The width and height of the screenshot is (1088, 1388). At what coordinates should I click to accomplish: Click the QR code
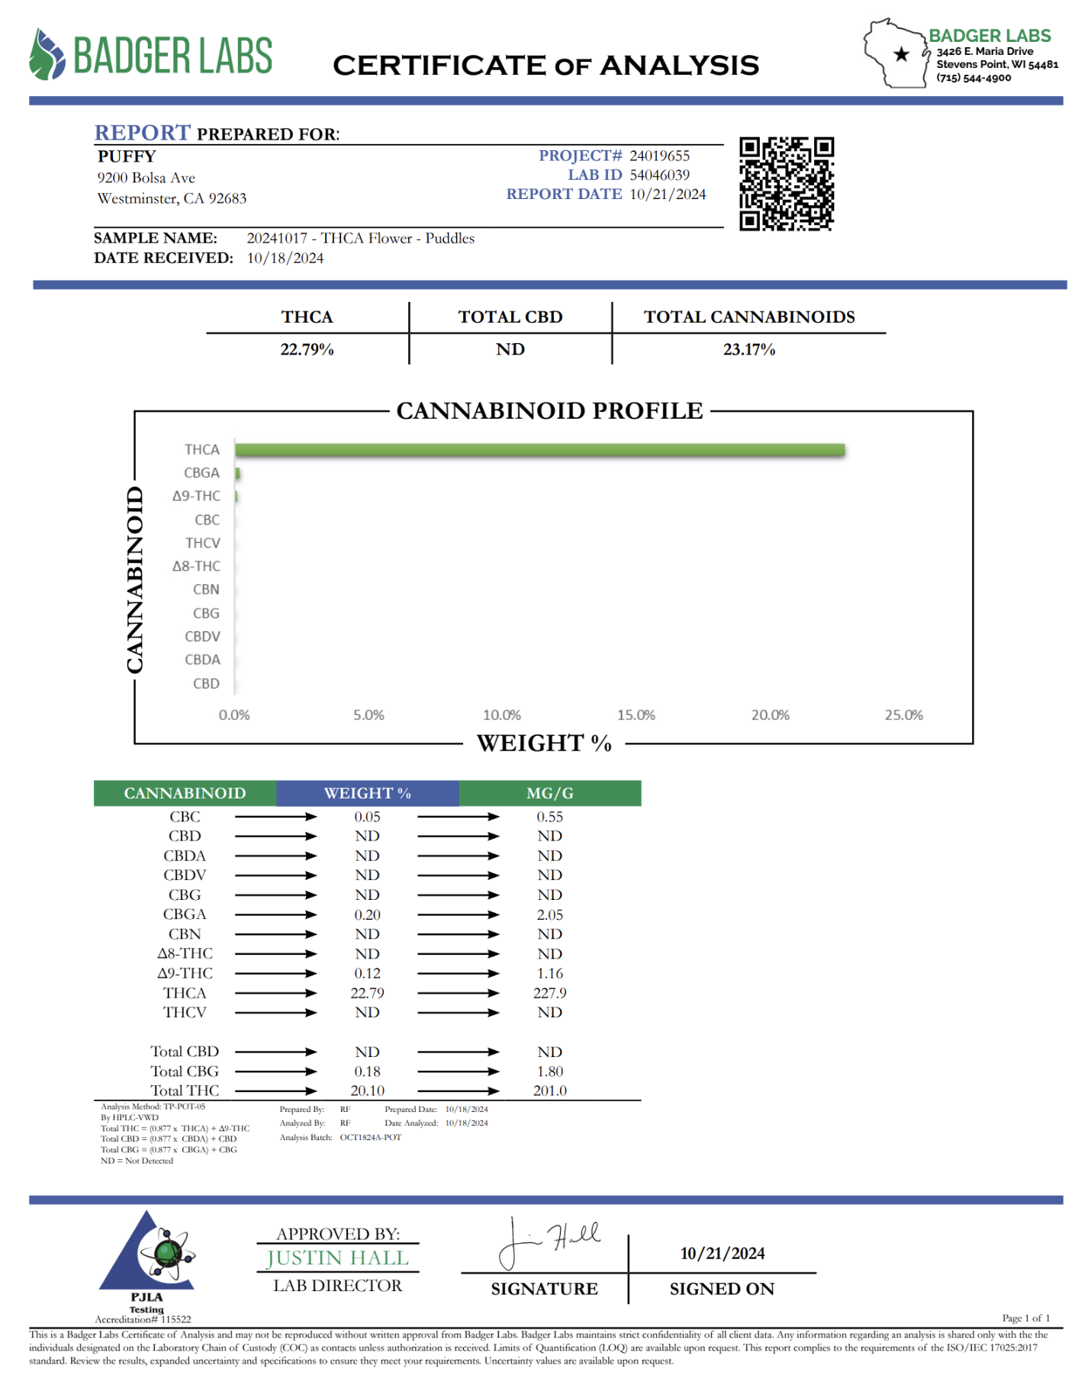point(786,183)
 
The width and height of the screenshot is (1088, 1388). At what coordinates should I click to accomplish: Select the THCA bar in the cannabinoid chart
point(539,450)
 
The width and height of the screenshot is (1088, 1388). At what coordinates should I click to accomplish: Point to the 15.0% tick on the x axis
point(636,715)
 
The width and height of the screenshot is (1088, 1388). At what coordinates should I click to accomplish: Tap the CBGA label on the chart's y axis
point(201,473)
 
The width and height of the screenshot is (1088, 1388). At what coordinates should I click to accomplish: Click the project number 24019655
point(659,156)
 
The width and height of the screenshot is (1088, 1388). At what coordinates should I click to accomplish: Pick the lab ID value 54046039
point(659,175)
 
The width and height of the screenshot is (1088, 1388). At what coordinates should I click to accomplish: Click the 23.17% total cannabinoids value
point(748,349)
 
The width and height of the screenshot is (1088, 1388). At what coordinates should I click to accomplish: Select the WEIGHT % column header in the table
point(367,793)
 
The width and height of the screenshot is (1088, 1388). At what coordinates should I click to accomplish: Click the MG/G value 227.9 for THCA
point(549,993)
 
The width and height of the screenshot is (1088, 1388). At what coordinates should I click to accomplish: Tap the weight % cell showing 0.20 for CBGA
point(367,914)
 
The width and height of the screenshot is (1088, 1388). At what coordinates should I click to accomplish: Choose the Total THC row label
point(185,1091)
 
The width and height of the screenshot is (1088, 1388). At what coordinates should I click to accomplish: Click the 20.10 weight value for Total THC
point(367,1091)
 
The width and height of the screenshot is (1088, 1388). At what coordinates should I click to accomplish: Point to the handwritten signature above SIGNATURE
point(548,1242)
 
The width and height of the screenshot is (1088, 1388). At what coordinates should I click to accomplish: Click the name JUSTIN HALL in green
point(337,1258)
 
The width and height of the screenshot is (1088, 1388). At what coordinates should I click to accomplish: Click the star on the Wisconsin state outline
point(901,54)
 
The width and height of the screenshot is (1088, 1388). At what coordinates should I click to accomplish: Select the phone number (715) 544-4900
point(974,78)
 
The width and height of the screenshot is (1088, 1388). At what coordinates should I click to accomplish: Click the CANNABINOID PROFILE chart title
point(549,411)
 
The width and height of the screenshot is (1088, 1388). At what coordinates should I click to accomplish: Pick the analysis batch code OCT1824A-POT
point(370,1137)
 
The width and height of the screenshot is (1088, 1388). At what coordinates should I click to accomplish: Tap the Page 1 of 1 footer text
point(1025,1318)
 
